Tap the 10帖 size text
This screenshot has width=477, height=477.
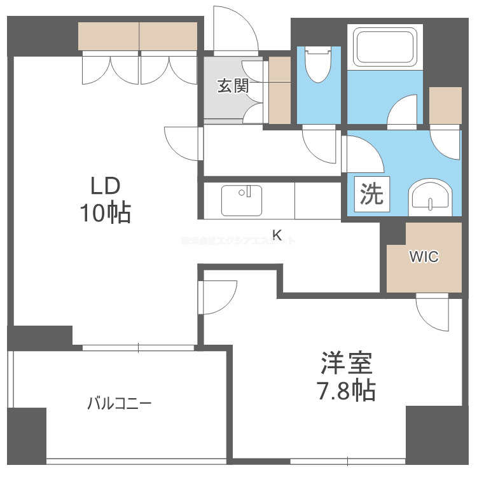(105, 213)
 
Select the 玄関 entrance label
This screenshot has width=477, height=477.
(233, 86)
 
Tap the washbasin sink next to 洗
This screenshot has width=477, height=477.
(431, 195)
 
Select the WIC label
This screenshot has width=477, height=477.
(424, 257)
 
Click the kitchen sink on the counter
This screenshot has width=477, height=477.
(242, 200)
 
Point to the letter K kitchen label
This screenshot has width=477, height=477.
(277, 235)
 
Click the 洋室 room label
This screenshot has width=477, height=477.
(346, 363)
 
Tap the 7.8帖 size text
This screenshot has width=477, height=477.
(346, 390)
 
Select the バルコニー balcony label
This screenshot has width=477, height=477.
(120, 403)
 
